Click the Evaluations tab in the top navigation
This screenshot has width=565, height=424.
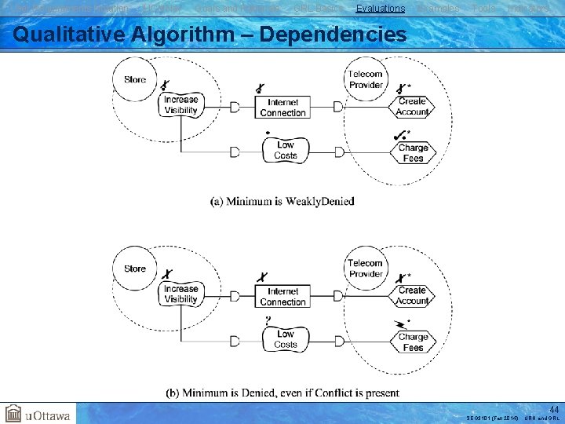[x=380, y=9]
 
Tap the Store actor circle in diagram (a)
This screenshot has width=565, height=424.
[x=135, y=79]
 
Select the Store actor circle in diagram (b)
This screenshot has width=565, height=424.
[x=135, y=269]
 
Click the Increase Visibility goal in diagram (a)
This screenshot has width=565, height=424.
[x=180, y=105]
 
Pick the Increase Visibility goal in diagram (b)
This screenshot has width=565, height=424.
[x=180, y=294]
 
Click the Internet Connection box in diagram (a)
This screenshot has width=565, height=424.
[x=283, y=108]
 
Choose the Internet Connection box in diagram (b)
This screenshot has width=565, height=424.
[x=283, y=297]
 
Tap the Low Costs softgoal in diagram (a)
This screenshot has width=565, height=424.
[x=286, y=150]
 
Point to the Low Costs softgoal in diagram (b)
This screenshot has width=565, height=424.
[x=286, y=339]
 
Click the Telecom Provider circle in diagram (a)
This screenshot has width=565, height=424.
[x=366, y=79]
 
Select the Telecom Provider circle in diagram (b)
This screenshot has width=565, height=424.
[x=366, y=269]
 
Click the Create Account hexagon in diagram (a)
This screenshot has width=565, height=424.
[x=412, y=107]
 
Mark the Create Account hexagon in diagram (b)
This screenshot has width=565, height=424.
[x=412, y=296]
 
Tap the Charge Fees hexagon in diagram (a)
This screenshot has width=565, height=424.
[x=413, y=152]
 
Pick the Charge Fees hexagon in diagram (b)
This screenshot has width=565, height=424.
[x=413, y=342]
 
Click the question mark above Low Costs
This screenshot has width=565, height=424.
[x=268, y=320]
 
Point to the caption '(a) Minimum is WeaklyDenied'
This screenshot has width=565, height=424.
[x=282, y=201]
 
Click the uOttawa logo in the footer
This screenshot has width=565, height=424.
[x=38, y=413]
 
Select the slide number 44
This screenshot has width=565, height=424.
[x=554, y=409]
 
